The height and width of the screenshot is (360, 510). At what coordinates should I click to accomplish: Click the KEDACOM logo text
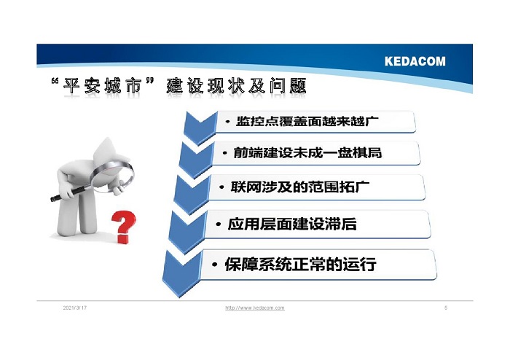(x=415, y=61)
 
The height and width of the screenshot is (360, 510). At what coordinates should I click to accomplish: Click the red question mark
(x=124, y=227)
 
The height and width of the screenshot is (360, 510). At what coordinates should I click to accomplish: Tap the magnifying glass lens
(x=113, y=176)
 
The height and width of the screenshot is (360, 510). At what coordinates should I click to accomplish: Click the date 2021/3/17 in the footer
(x=75, y=308)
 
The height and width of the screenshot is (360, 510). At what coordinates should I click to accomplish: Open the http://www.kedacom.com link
(x=255, y=308)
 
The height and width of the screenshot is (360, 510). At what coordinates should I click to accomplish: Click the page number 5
(x=446, y=308)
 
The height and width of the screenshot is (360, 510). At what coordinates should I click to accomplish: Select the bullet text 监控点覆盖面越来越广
(x=307, y=121)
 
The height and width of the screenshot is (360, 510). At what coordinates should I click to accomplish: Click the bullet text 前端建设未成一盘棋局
(x=307, y=152)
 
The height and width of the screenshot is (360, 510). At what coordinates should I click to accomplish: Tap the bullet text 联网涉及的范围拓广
(x=300, y=187)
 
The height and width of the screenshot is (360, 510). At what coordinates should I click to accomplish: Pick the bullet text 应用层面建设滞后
(x=291, y=224)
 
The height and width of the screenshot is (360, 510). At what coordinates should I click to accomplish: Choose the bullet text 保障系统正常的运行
(x=300, y=264)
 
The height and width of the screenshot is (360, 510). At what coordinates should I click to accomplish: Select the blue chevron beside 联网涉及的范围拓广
(x=192, y=194)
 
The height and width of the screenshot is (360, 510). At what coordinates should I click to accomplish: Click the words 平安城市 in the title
(x=103, y=86)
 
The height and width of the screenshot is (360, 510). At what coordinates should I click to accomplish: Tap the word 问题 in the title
(x=288, y=86)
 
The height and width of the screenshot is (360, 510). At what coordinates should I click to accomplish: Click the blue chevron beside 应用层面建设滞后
(x=187, y=232)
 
